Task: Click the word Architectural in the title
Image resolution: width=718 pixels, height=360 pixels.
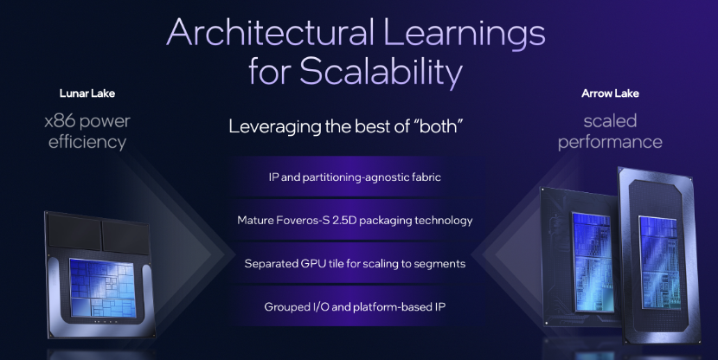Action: [271, 32]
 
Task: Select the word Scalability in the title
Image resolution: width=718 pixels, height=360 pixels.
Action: [381, 72]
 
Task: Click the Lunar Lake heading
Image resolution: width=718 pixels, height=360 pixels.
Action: [87, 93]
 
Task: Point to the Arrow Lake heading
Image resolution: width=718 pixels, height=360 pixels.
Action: [610, 93]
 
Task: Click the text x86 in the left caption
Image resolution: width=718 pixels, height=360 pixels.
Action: [60, 121]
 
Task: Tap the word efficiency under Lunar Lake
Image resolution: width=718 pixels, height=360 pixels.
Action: [87, 142]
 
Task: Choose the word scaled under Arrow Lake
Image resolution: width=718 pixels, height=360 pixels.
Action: [610, 121]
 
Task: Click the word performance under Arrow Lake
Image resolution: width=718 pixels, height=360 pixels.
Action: [610, 143]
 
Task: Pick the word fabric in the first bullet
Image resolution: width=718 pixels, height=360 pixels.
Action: [426, 177]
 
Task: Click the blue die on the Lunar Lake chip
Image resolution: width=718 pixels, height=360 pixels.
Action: [103, 287]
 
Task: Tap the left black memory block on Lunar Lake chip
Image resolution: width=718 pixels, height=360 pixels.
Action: [74, 232]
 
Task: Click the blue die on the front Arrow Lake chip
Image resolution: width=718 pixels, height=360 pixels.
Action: [659, 263]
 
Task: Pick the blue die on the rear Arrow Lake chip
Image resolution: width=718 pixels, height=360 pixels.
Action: [592, 262]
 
